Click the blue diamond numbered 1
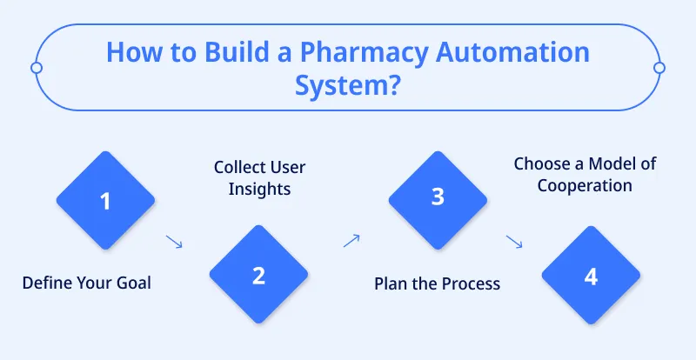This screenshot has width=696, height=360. click(105, 202)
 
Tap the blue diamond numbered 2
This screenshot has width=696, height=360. click(258, 276)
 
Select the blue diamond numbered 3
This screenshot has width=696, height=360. click(438, 197)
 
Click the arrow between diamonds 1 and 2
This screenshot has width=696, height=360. click(174, 242)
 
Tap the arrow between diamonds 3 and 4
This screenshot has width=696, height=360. click(514, 242)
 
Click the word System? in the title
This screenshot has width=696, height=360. click(348, 87)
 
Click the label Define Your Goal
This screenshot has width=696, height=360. click(86, 283)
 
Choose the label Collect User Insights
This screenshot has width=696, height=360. click(259, 177)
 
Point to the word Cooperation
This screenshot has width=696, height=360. click(584, 185)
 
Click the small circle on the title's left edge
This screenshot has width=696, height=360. click(36, 68)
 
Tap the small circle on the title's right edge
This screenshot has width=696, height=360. click(659, 68)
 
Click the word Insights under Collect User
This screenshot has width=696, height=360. click(259, 188)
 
